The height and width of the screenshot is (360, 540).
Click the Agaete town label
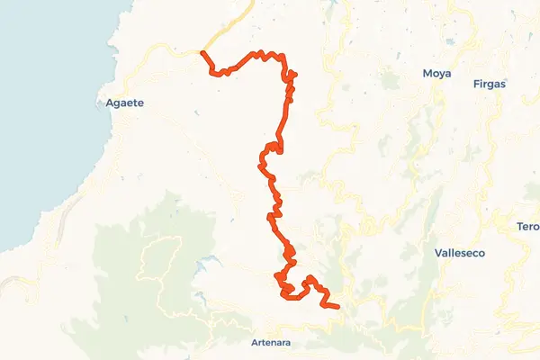tap(125, 103)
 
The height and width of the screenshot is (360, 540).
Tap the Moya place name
tap(436, 74)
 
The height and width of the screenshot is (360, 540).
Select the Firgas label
tap(490, 84)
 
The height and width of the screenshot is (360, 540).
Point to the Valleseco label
tap(459, 254)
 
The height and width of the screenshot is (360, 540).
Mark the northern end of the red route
tap(203, 53)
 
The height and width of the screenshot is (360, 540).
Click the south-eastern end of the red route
tap(337, 308)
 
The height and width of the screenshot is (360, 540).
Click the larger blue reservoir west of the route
tap(207, 264)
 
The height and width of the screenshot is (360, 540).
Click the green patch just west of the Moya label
tap(391, 81)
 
